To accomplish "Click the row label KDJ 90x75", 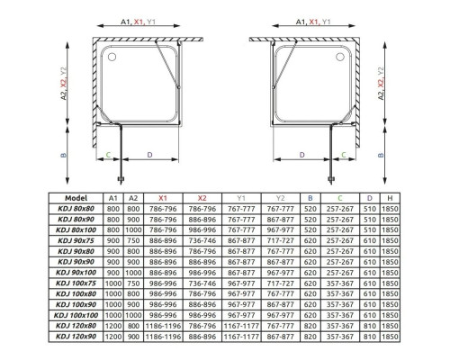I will (x=76, y=240).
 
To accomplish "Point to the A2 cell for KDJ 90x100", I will (x=131, y=272).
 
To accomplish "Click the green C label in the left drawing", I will (x=108, y=154).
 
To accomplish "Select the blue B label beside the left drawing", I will (x=64, y=155).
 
